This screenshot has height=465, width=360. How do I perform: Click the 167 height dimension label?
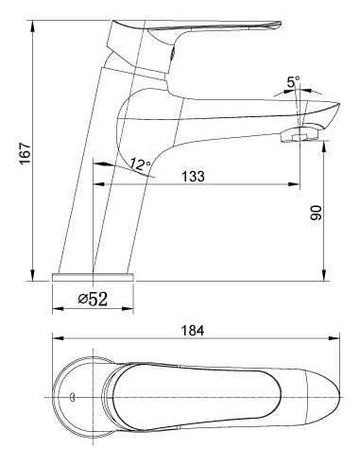(26, 153)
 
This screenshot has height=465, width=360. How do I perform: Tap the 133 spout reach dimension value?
(193, 176)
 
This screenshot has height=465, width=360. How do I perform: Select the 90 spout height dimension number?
(316, 213)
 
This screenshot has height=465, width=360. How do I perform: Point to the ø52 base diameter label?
(93, 299)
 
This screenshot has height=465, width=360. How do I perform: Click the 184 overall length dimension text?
(193, 331)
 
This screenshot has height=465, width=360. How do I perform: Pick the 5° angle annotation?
(293, 82)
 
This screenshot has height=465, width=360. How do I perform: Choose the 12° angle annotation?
(141, 164)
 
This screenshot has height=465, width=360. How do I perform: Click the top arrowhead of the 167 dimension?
(32, 26)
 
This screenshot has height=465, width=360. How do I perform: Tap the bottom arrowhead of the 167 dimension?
(32, 275)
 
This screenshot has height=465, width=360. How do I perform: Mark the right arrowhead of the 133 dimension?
(294, 184)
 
